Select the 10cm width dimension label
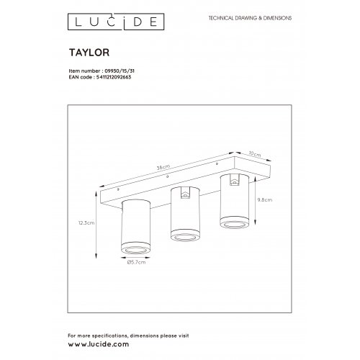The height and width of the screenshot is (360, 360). [253, 153]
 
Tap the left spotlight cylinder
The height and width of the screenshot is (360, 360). [136, 223]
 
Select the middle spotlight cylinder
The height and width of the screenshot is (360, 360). [183, 212]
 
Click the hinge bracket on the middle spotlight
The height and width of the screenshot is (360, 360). [183, 194]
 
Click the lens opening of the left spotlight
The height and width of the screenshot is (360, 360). [136, 248]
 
